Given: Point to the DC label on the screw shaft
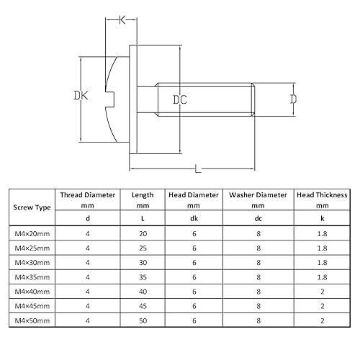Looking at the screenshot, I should click(179, 101).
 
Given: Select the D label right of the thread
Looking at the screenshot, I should click(294, 99).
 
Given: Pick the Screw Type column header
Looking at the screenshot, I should click(32, 207).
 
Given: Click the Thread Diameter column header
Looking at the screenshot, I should click(88, 194).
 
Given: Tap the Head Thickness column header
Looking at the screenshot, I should click(321, 194).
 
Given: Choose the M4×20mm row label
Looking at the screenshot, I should click(32, 234).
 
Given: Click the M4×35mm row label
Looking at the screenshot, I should click(32, 276).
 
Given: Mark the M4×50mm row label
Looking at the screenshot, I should click(32, 319).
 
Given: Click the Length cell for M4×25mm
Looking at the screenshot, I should click(142, 248).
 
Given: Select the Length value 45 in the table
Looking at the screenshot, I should click(142, 305).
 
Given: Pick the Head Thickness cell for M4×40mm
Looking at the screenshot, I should click(321, 291).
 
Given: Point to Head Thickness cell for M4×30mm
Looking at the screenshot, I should click(321, 262).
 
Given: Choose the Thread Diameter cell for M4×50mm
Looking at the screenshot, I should click(88, 319).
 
